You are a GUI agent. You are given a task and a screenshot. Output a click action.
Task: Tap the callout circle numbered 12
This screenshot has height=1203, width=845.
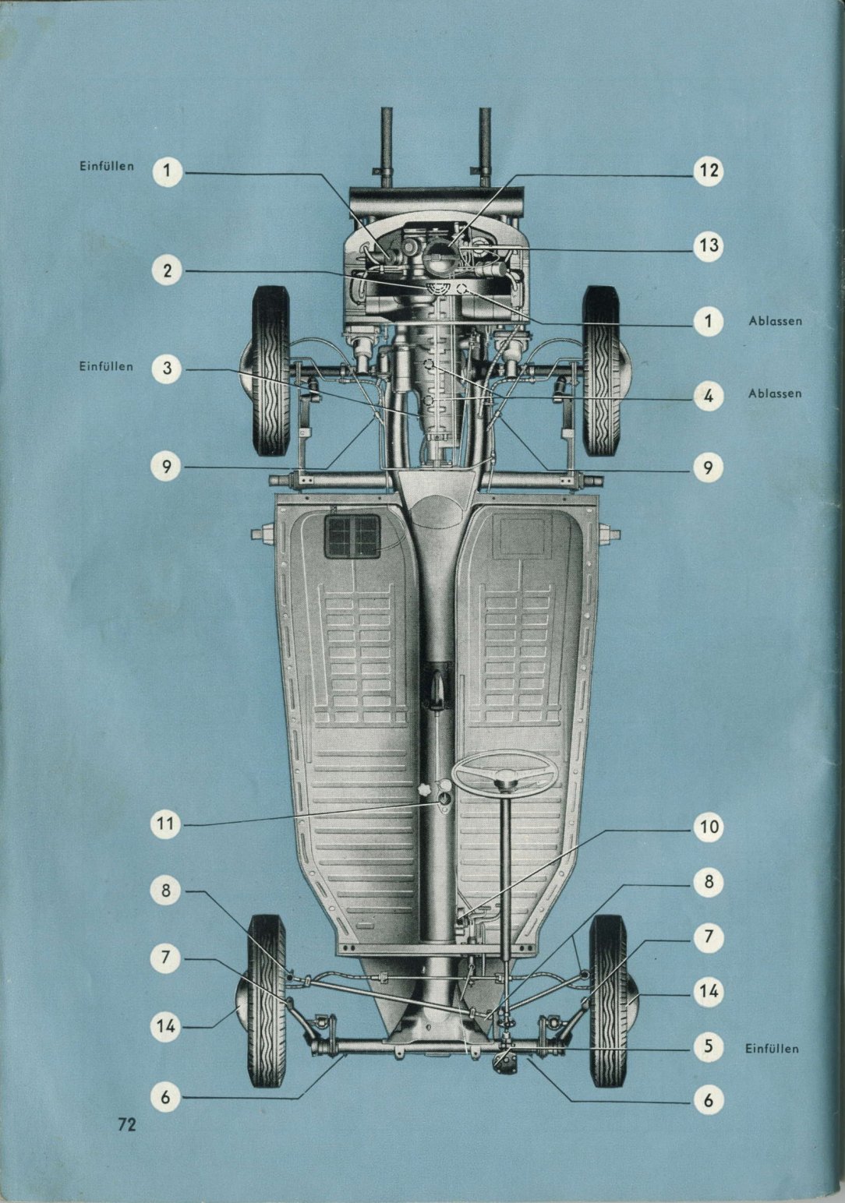708,171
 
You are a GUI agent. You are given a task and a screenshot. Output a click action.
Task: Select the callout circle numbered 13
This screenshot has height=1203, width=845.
708,245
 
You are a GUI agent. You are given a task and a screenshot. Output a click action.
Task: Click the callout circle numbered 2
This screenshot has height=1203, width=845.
167,271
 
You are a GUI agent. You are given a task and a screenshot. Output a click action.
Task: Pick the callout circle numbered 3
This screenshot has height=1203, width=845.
167,369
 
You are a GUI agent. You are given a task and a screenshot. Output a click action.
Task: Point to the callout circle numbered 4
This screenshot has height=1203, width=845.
708,397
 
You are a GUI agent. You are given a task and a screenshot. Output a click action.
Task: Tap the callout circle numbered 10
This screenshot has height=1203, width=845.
708,827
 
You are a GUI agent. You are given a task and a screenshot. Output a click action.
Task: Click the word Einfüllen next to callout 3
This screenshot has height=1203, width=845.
106,367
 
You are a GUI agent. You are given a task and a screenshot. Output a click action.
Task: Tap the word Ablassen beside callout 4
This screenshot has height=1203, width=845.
775,393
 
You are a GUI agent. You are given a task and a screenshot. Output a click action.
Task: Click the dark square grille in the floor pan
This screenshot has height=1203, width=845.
352,535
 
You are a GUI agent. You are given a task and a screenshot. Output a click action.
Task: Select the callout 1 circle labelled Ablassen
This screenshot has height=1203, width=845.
708,321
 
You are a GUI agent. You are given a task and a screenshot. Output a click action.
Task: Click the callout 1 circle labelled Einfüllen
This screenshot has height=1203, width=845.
167,171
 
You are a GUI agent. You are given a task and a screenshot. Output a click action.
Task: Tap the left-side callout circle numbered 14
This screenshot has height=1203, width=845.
166,1027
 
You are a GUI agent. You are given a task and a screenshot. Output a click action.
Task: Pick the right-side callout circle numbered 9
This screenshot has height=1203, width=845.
708,467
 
